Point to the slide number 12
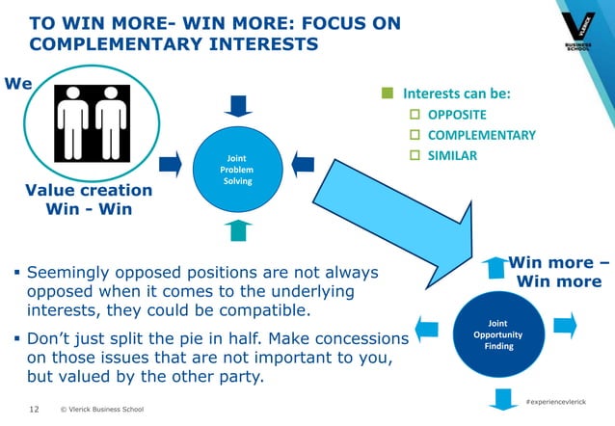tap(35, 410)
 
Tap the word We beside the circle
tap(19, 85)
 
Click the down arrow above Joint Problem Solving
tap(237, 103)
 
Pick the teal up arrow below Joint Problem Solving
tap(238, 229)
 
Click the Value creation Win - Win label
tap(88, 200)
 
